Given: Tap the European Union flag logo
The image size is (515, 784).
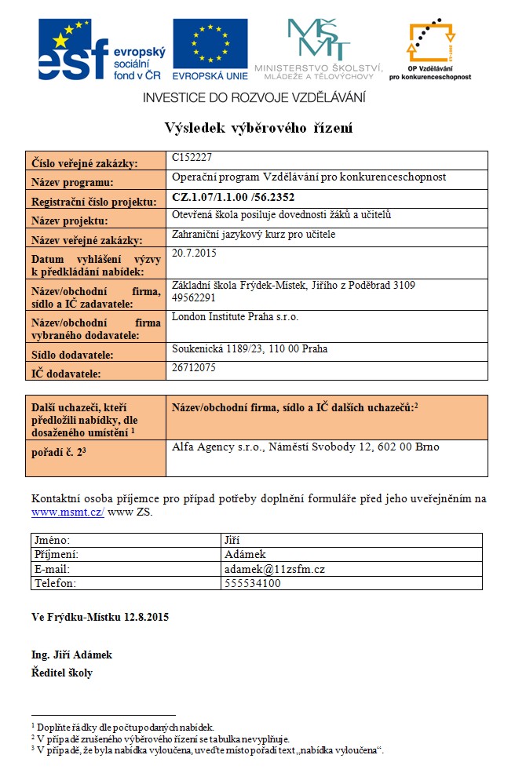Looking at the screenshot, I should click(210, 49).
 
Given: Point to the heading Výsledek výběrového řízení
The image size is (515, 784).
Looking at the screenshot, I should click(257, 128).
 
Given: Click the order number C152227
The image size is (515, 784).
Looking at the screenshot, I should click(192, 158).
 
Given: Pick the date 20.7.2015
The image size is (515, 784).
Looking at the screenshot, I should click(194, 253).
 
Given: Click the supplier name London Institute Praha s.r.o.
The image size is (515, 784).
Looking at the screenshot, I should click(236, 317).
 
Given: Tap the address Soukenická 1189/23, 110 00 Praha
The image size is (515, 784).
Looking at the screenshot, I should click(250, 348).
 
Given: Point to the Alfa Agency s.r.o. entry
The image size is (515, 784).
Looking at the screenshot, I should click(305, 447).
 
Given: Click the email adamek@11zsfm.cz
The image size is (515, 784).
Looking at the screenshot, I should click(274, 569).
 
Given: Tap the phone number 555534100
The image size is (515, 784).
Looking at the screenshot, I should click(253, 583).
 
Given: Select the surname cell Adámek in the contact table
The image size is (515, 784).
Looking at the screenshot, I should click(245, 555).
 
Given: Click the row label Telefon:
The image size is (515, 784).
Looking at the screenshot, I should click(55, 583).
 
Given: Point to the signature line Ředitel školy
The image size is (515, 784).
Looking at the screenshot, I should click(62, 673).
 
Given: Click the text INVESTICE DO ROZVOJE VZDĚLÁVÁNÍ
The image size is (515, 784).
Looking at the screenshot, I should click(254, 97).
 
